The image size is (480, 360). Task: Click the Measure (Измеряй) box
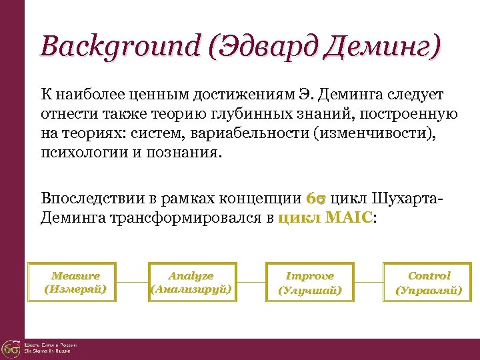[x=75, y=283]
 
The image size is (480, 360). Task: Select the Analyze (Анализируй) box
[x=191, y=283]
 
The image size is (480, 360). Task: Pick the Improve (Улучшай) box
[x=309, y=283]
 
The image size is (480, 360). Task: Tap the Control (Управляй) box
[x=429, y=283]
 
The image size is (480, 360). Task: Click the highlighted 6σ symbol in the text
[x=315, y=199]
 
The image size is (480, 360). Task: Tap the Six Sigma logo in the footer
[x=11, y=348]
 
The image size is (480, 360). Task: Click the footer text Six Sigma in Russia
[x=51, y=351]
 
